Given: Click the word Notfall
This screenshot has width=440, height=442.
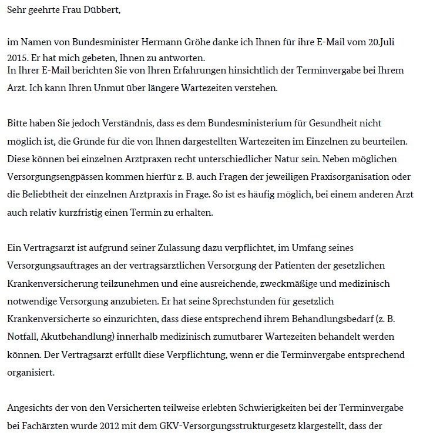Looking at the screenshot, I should point(21,337).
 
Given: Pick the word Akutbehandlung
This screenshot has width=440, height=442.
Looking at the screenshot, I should point(73,337).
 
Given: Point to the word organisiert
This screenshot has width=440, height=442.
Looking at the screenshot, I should point(29,373).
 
